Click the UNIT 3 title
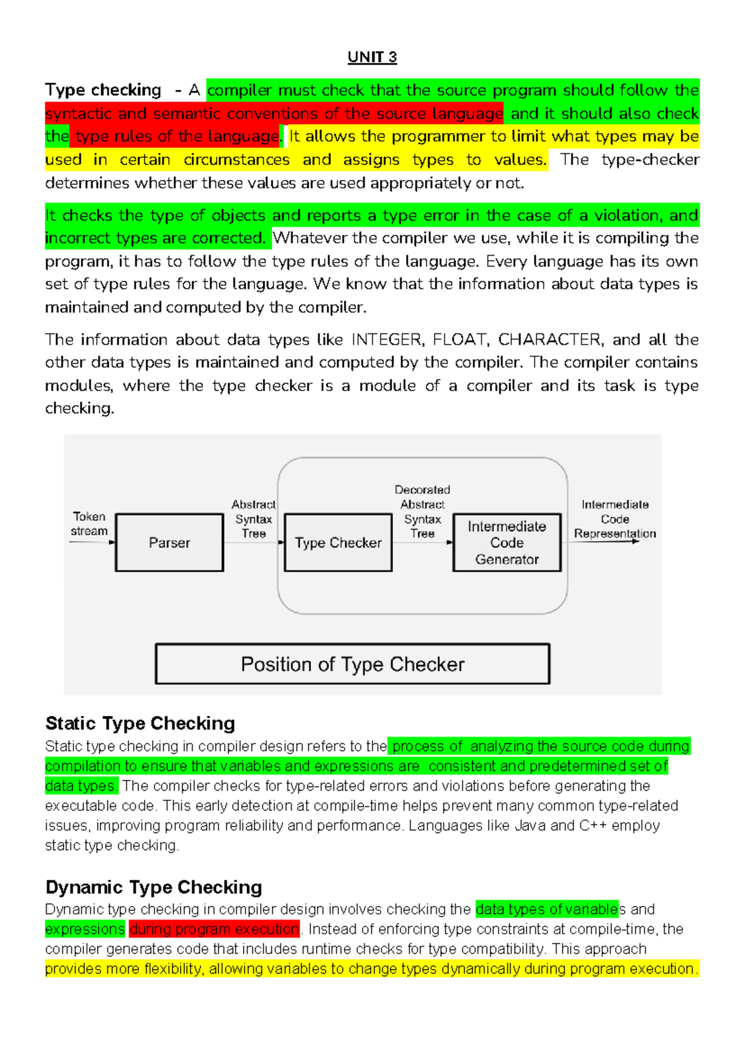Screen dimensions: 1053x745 (372, 57)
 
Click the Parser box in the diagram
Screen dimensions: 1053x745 (169, 543)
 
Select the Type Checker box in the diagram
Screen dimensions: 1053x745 (338, 543)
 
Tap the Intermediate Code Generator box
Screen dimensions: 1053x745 (507, 543)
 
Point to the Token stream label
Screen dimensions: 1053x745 (89, 523)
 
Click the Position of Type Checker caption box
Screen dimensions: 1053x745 (352, 664)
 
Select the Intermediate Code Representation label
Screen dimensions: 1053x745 (615, 519)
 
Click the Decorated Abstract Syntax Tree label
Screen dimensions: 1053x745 (422, 511)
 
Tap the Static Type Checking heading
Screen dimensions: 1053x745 (140, 723)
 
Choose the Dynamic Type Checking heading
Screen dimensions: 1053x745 (154, 887)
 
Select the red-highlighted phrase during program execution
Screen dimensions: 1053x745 (214, 929)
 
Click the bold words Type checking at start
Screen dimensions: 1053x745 (103, 90)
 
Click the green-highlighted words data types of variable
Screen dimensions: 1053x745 (546, 910)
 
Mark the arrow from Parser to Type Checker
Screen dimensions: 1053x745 (253, 543)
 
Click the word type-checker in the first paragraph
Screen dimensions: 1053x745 (650, 160)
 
